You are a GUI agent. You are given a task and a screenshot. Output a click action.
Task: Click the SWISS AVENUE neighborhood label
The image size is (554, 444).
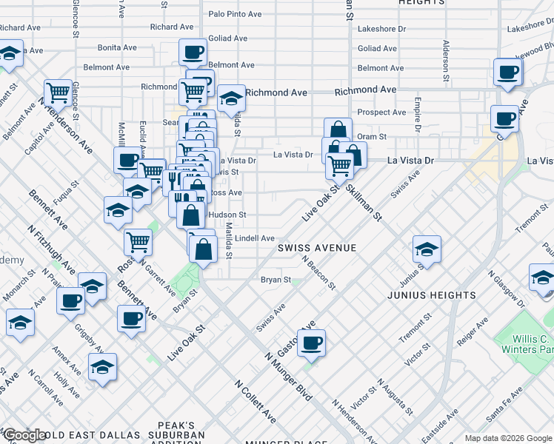[317, 248]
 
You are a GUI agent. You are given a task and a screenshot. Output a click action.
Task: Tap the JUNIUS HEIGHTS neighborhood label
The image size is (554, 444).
[431, 295]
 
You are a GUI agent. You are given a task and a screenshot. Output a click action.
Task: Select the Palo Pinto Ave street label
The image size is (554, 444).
[235, 13]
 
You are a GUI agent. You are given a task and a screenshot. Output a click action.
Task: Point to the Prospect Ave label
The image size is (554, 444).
[381, 112]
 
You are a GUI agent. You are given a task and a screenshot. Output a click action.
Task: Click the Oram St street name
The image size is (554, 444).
[372, 136]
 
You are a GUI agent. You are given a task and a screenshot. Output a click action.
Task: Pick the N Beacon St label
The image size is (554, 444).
[318, 273]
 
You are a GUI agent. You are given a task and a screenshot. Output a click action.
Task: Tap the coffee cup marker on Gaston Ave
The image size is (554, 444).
[312, 342]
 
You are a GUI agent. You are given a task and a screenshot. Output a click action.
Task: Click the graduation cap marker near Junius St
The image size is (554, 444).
[427, 249]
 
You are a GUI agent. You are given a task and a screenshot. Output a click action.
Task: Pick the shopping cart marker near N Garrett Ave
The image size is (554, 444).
[138, 240]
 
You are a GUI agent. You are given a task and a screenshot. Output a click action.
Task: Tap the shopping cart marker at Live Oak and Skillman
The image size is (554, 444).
[340, 165]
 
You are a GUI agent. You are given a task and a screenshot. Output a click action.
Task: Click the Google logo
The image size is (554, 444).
[24, 435]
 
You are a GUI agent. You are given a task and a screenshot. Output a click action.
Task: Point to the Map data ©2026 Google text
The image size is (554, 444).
[507, 438]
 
